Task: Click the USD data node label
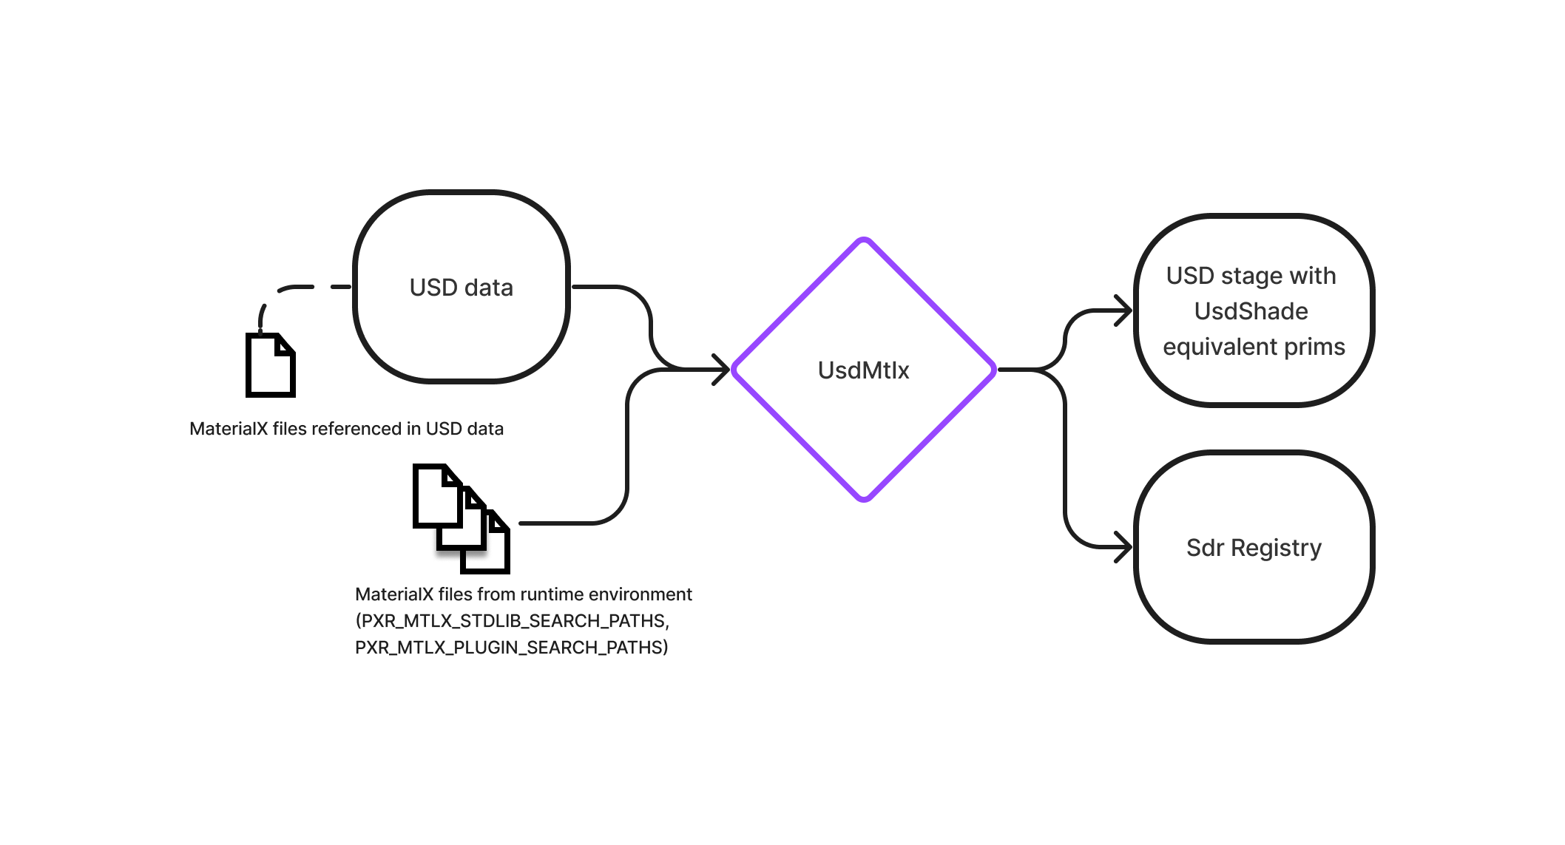461,288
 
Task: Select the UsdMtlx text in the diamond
863,370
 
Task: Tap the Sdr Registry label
1254,548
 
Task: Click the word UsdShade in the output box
1251,311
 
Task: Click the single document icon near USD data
270,367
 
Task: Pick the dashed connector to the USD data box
296,288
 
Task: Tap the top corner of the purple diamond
863,240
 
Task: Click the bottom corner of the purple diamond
863,500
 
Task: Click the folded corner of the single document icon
285,345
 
